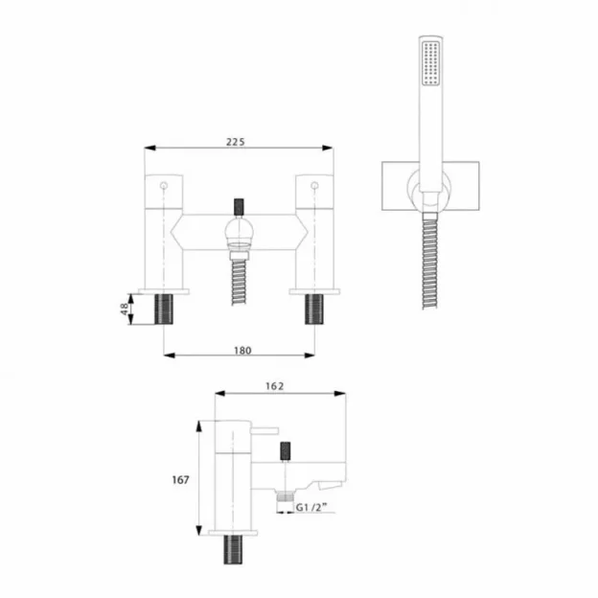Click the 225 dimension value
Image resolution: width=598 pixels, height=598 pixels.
(236, 141)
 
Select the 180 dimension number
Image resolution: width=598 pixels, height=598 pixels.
(241, 351)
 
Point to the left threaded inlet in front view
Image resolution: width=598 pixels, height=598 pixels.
(165, 310)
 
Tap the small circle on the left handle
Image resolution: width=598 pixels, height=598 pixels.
(165, 183)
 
